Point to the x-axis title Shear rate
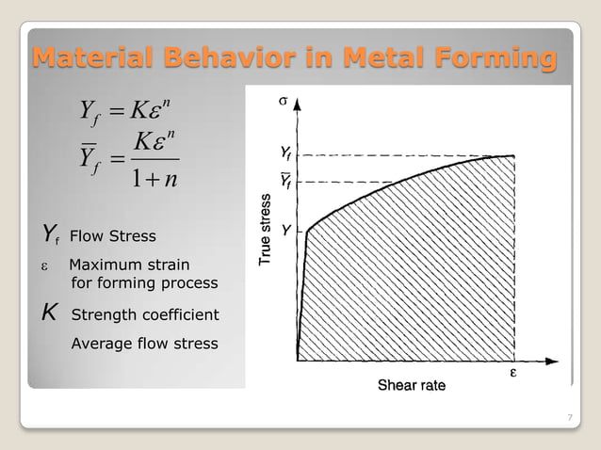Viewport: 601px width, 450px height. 412,385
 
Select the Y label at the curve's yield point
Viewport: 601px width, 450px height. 285,229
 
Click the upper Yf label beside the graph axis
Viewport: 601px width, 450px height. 285,153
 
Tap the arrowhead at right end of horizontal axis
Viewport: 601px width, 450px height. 552,360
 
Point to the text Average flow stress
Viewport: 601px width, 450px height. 144,343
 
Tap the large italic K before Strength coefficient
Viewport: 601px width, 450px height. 49,313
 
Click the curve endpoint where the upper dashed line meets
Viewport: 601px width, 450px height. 513,155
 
